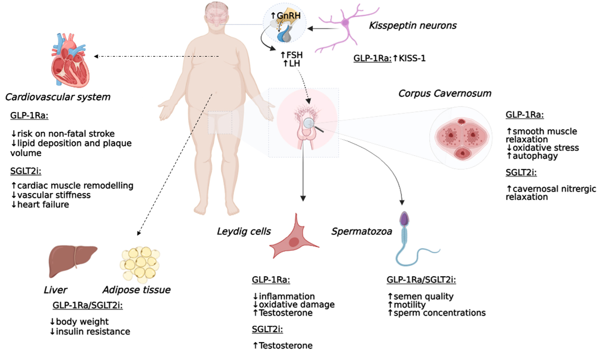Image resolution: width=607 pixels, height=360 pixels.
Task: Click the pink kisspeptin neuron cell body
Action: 345,23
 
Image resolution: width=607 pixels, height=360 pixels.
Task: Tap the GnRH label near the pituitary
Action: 288,15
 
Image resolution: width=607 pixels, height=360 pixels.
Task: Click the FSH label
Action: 294,55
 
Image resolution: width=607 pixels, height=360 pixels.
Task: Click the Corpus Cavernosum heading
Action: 445,93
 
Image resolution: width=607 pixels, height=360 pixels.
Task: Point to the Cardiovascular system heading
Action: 58,97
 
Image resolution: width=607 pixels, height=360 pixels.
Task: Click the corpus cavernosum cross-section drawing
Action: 461,137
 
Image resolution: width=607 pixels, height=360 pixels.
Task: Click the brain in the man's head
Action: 217,16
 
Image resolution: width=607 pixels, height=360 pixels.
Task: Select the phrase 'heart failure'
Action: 43,205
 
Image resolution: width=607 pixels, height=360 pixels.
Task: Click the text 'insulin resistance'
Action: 93,331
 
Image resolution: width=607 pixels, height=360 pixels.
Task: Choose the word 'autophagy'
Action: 535,156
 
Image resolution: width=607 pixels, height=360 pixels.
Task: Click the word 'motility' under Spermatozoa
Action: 409,305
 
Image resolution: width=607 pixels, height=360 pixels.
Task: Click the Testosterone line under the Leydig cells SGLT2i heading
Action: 285,346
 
